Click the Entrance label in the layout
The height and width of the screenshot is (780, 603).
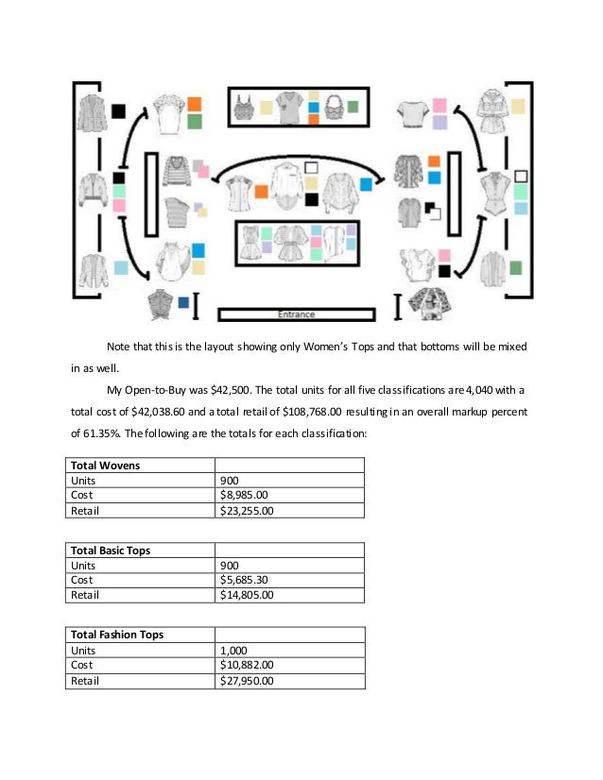[296, 314]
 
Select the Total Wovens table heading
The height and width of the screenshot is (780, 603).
[106, 465]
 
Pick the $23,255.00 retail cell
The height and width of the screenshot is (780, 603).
[250, 510]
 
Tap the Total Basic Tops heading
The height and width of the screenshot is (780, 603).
[111, 550]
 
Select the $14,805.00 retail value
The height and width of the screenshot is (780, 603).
[250, 595]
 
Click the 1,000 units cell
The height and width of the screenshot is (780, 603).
[235, 650]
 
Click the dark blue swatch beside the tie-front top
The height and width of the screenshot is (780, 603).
[182, 302]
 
